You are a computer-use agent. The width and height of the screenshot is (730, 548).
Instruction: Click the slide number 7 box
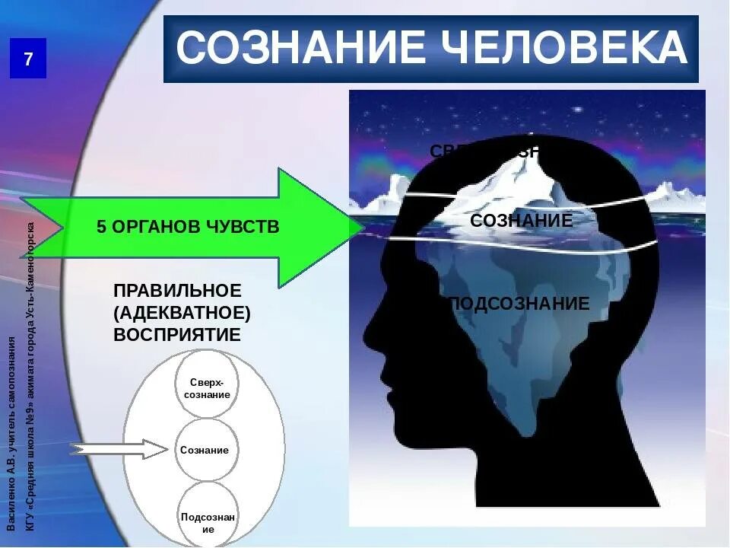(x=28, y=59)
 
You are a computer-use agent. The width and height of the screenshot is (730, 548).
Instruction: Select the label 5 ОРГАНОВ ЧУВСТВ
(x=188, y=227)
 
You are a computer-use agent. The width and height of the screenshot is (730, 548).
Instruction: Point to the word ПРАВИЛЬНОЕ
(x=177, y=291)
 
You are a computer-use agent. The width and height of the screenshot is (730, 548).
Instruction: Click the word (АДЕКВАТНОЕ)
(x=182, y=313)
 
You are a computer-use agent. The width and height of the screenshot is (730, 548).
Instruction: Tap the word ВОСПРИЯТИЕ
(x=177, y=335)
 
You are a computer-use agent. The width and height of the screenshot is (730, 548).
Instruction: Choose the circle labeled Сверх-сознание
(x=207, y=387)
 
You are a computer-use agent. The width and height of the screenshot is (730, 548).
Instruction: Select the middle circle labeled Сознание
(x=205, y=450)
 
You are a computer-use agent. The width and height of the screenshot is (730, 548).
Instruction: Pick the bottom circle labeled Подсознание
(x=208, y=518)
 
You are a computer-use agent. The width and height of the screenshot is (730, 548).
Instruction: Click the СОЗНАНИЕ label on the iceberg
(x=521, y=221)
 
